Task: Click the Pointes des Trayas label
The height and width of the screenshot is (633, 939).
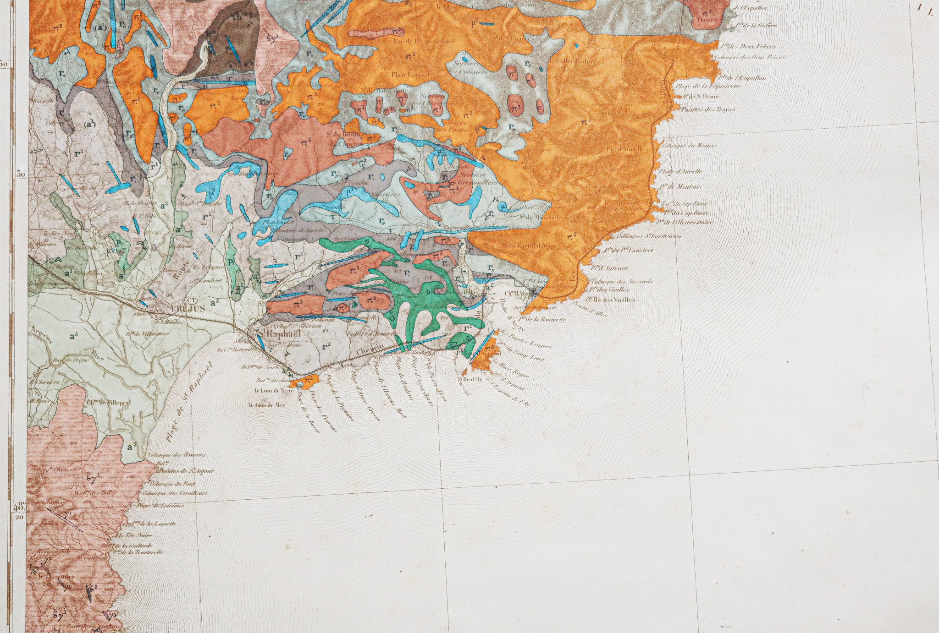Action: pos(708,109)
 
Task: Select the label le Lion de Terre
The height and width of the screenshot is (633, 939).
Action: pos(274,391)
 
